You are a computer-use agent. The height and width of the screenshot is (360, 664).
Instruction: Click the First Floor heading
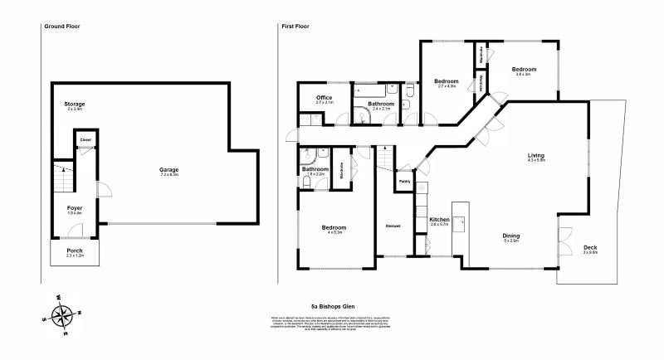point(295,27)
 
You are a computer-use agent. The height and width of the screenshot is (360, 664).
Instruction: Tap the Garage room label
point(169,170)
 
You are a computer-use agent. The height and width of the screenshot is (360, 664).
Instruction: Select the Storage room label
point(76,105)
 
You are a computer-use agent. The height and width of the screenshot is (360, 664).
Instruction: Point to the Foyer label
point(75,208)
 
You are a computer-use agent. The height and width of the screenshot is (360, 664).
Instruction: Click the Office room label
point(324,98)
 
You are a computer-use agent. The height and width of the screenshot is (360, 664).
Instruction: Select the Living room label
point(535,155)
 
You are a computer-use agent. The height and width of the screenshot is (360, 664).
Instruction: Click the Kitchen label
point(438,220)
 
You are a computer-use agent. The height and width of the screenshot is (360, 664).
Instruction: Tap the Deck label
point(589,248)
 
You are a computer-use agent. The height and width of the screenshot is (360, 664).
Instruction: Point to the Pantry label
point(405,180)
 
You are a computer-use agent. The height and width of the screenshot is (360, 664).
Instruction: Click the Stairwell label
point(393,226)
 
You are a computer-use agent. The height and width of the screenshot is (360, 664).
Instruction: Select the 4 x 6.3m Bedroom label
point(334,228)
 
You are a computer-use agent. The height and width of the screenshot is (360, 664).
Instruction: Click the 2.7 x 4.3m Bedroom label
point(447,80)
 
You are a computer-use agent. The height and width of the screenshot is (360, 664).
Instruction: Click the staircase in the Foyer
point(61,176)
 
